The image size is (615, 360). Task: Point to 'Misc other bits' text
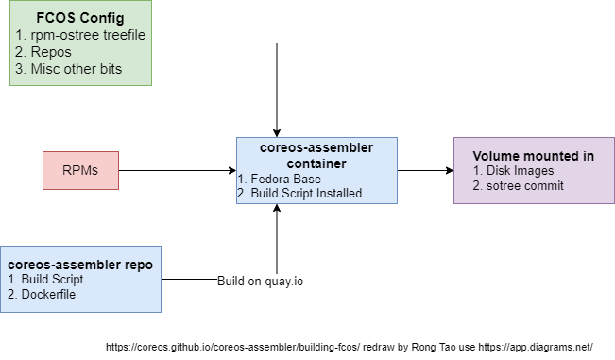click(x=63, y=68)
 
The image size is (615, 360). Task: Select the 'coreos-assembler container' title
click(x=316, y=154)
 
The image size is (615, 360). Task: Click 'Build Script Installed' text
click(x=299, y=193)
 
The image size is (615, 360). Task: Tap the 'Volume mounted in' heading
click(x=533, y=156)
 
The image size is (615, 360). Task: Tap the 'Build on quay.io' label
click(x=261, y=281)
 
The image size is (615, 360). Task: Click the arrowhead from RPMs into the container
click(x=231, y=170)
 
